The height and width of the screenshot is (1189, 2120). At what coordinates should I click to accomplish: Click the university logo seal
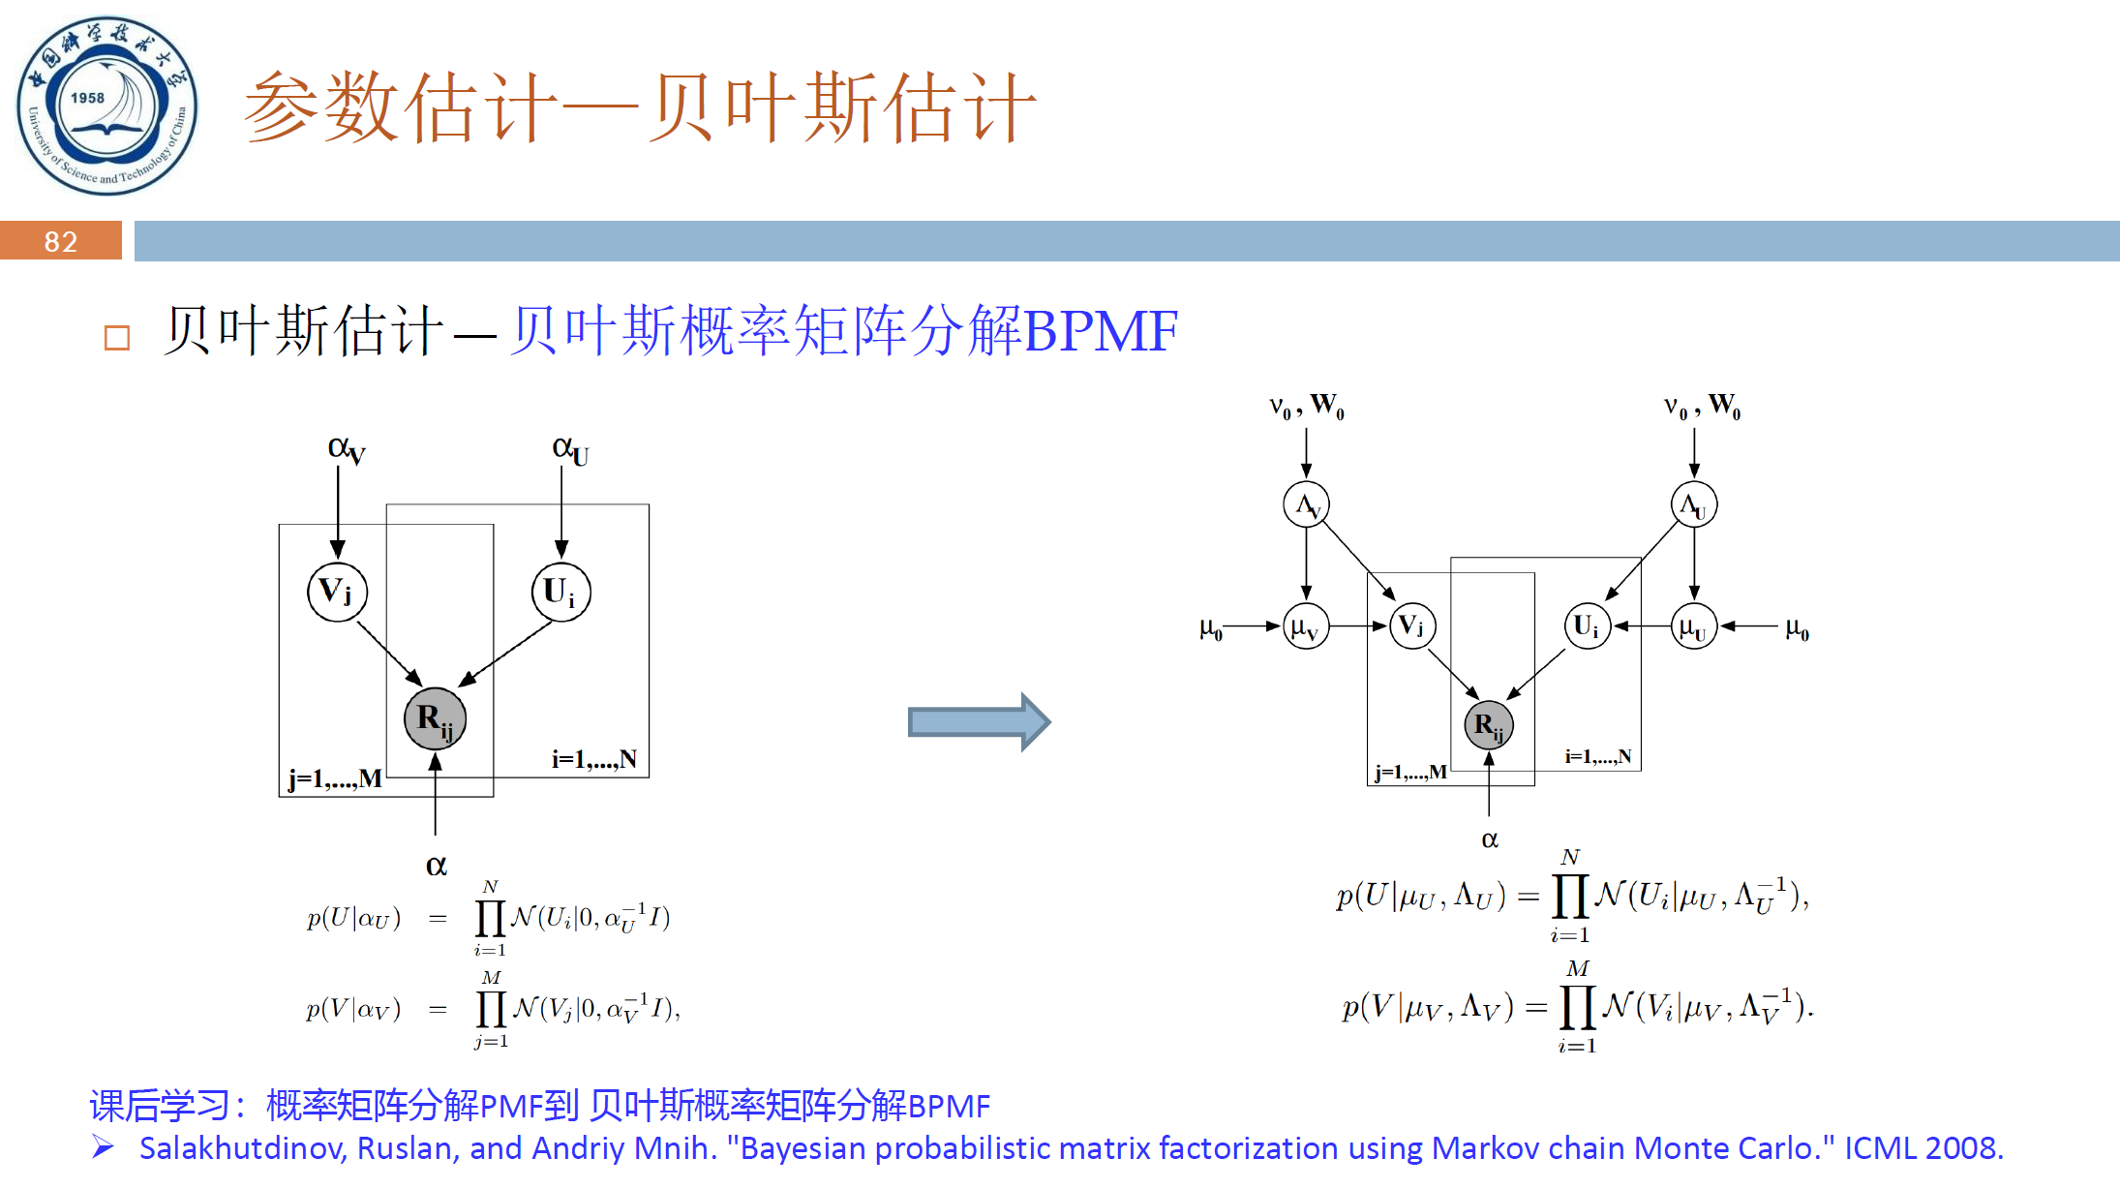[x=106, y=106]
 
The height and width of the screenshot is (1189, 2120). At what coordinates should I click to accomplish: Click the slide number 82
[x=60, y=241]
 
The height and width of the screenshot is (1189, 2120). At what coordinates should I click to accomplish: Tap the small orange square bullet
[x=117, y=338]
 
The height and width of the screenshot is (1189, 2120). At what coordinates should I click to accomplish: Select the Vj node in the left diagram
[x=337, y=592]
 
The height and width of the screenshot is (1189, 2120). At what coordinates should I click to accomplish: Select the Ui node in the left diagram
[x=560, y=592]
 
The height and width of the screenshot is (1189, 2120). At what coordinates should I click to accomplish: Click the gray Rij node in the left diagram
[x=435, y=718]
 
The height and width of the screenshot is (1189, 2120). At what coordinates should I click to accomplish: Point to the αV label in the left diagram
[x=346, y=449]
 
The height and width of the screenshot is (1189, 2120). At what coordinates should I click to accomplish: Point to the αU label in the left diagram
[x=569, y=449]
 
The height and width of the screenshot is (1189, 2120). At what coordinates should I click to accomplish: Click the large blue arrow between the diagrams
[x=979, y=721]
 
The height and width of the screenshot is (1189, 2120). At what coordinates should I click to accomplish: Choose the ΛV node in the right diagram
[x=1306, y=504]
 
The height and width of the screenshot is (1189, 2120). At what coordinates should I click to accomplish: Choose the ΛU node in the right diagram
[x=1693, y=504]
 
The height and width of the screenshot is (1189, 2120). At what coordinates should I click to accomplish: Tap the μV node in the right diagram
[x=1305, y=626]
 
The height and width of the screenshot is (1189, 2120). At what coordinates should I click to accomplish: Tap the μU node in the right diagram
[x=1693, y=626]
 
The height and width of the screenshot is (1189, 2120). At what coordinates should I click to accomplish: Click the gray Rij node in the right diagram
[x=1488, y=725]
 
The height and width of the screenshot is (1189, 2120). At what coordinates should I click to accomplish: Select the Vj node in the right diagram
[x=1412, y=625]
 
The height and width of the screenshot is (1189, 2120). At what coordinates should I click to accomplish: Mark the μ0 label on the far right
[x=1797, y=628]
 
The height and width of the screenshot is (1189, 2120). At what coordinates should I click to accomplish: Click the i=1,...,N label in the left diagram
[x=593, y=759]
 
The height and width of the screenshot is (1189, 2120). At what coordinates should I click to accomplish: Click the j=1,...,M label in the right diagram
[x=1410, y=772]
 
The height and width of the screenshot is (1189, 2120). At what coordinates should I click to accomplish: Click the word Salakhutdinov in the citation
[x=242, y=1148]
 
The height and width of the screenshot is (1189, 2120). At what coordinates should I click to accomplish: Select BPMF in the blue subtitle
[x=1101, y=331]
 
